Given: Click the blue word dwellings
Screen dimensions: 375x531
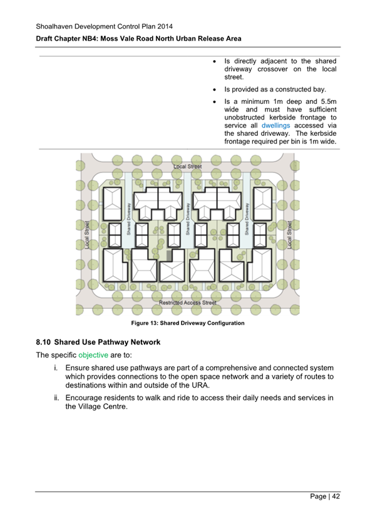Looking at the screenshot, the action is click(x=275, y=125).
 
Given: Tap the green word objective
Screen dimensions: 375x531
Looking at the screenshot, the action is click(x=93, y=355).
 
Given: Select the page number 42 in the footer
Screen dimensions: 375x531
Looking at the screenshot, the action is click(x=336, y=496).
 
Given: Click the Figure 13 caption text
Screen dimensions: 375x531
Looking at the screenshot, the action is click(x=188, y=323).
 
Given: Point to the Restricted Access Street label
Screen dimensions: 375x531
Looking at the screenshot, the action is click(x=188, y=302).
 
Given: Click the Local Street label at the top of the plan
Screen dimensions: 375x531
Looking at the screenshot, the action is click(x=188, y=167).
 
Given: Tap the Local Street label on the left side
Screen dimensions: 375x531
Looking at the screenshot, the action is click(x=87, y=235).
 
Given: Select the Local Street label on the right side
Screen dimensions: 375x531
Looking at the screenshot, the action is click(x=289, y=235).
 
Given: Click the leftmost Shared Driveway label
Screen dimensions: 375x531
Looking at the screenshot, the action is click(x=128, y=219).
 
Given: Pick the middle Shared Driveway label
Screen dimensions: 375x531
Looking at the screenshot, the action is click(x=188, y=219).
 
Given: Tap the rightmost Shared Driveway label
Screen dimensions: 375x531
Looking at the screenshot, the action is click(x=247, y=219).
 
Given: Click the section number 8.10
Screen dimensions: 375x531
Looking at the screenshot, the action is click(x=43, y=342).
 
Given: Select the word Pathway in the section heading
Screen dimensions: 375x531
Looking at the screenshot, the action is click(x=112, y=342).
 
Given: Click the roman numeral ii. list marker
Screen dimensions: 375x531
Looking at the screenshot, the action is click(x=56, y=398).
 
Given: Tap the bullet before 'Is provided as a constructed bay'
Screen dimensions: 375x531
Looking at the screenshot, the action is click(x=215, y=90).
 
